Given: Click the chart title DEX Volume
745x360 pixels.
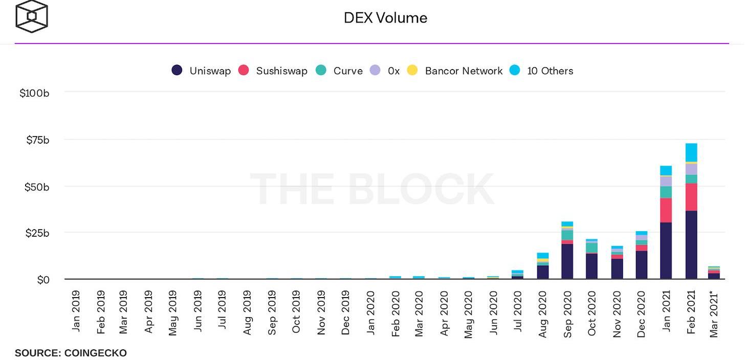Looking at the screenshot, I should [385, 18].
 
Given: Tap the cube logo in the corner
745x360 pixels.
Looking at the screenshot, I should [32, 16].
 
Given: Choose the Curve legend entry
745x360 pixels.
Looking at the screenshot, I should [339, 71].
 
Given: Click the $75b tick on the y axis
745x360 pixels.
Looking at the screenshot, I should [37, 140].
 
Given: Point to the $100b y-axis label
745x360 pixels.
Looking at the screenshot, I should [34, 93].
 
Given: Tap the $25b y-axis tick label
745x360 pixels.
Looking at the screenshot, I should [37, 233].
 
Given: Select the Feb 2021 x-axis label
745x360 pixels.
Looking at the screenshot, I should [691, 312].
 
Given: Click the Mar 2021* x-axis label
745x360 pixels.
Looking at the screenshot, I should [715, 314].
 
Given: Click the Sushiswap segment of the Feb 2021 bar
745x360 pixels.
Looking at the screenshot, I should [691, 197].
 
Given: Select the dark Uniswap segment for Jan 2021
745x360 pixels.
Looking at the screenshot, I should [666, 251].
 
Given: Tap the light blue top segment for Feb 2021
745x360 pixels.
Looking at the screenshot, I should [691, 152].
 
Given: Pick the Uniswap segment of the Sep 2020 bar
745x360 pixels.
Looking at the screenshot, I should [567, 261].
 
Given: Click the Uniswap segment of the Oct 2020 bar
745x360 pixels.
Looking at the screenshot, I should [591, 266].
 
